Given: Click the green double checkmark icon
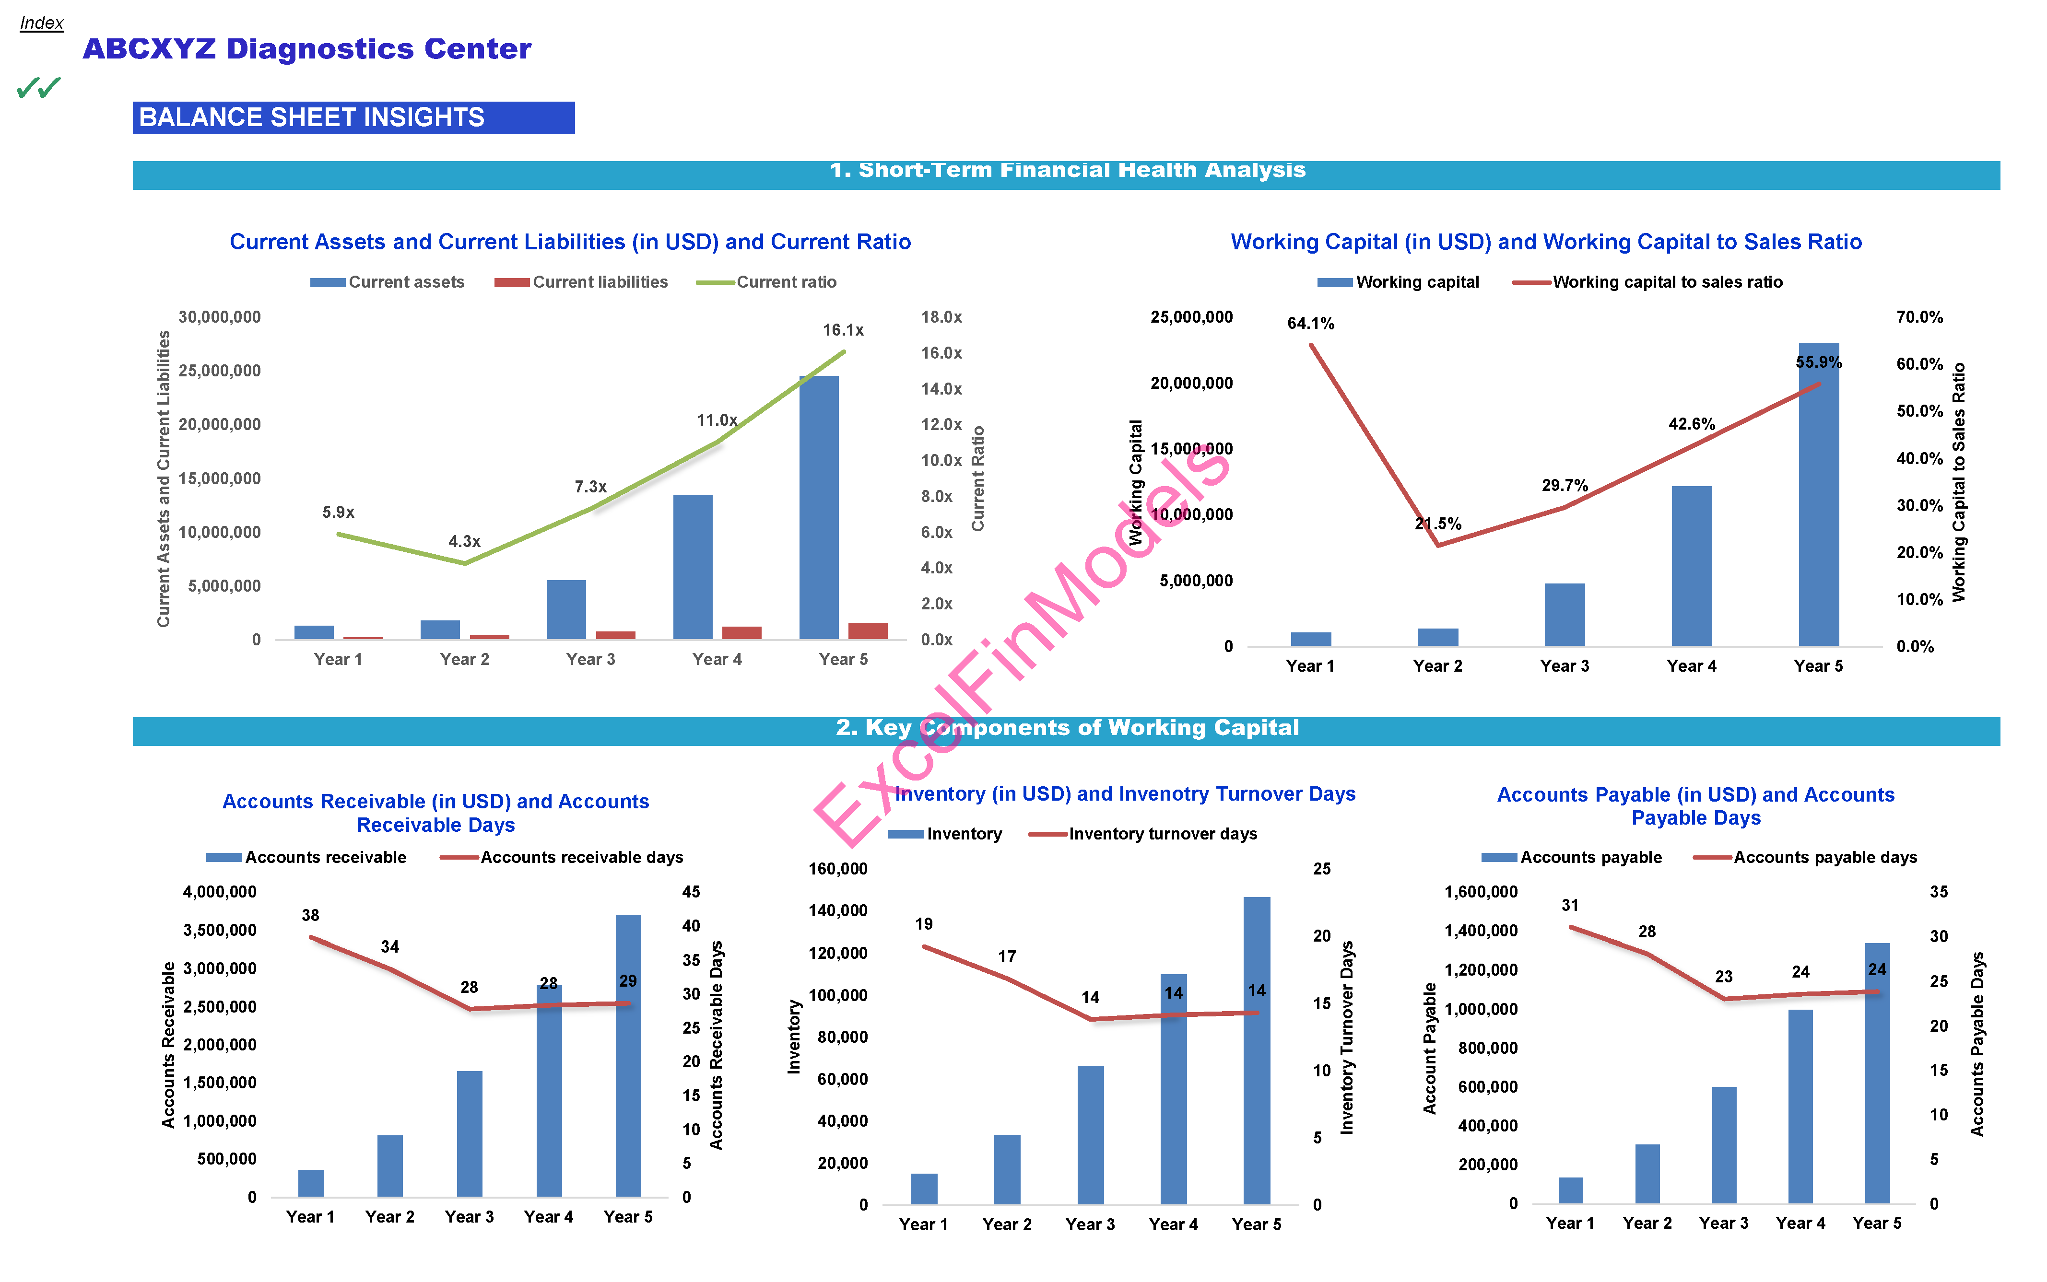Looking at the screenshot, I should (38, 87).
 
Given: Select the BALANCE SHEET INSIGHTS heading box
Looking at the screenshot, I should (353, 117).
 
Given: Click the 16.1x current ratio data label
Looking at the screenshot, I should (842, 330).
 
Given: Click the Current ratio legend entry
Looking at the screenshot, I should (766, 281).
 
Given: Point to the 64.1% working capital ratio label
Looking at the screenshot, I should (1310, 323).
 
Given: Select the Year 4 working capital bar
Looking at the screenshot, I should (1691, 566).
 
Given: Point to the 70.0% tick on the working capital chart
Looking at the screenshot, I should (1919, 317).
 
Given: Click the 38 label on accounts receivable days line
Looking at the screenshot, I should (310, 915).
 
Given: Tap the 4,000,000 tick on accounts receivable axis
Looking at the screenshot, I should (220, 892).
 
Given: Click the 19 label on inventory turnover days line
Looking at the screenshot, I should (923, 923).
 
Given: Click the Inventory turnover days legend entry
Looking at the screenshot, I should (1143, 833).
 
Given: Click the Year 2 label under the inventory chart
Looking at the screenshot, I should (1007, 1224).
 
